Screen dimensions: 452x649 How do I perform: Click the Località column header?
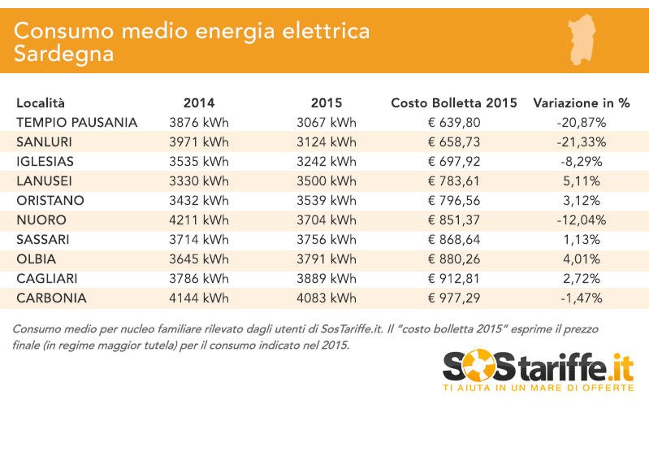click(x=40, y=103)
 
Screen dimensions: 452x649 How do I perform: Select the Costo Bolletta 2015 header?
click(x=454, y=103)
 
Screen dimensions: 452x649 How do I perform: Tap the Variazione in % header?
click(x=582, y=103)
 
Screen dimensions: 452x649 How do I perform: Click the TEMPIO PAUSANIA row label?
click(x=76, y=123)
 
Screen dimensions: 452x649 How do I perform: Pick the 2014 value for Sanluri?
click(x=199, y=142)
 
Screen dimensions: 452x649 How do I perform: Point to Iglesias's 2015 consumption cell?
click(x=327, y=162)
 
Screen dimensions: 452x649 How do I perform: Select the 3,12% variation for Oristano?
click(x=582, y=201)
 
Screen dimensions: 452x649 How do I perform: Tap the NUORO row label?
click(x=41, y=220)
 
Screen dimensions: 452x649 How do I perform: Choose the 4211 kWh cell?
click(x=199, y=220)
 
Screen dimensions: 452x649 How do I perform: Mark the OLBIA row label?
click(x=37, y=259)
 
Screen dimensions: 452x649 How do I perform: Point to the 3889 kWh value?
click(x=327, y=279)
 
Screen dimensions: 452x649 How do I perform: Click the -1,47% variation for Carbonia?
click(x=582, y=298)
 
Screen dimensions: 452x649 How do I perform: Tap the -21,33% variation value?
click(x=582, y=142)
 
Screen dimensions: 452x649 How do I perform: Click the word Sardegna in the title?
click(x=63, y=54)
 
